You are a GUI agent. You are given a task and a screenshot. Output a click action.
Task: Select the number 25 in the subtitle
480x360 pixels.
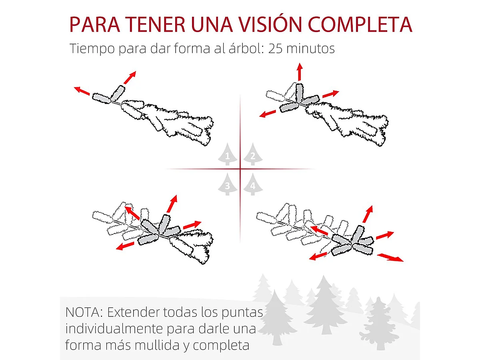click(277, 49)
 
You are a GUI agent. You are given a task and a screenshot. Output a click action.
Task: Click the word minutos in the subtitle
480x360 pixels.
click(312, 49)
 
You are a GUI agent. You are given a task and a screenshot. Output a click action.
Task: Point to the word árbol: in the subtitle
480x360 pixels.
click(244, 49)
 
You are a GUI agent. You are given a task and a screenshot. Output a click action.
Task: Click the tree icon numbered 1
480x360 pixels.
click(228, 154)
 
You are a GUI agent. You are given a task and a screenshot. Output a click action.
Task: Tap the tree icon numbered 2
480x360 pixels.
click(252, 154)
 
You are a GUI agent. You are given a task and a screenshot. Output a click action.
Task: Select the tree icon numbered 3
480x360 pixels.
click(228, 184)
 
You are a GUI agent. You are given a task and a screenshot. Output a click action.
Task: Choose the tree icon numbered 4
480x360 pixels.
click(252, 184)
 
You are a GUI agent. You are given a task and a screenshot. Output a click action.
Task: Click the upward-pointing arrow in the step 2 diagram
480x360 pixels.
click(299, 72)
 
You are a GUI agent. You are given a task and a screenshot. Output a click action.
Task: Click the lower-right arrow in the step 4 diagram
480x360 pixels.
click(390, 257)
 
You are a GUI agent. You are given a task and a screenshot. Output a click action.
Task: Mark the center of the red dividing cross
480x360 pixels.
click(240, 169)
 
